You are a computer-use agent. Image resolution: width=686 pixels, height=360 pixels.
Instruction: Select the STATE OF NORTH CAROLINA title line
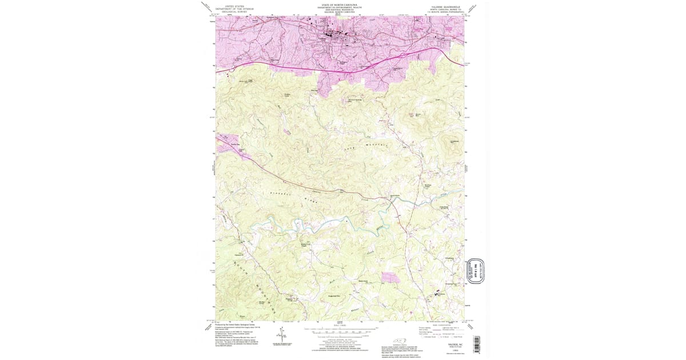pos(341,5)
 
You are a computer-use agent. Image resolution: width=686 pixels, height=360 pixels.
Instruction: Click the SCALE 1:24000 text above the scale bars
pos(340,326)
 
